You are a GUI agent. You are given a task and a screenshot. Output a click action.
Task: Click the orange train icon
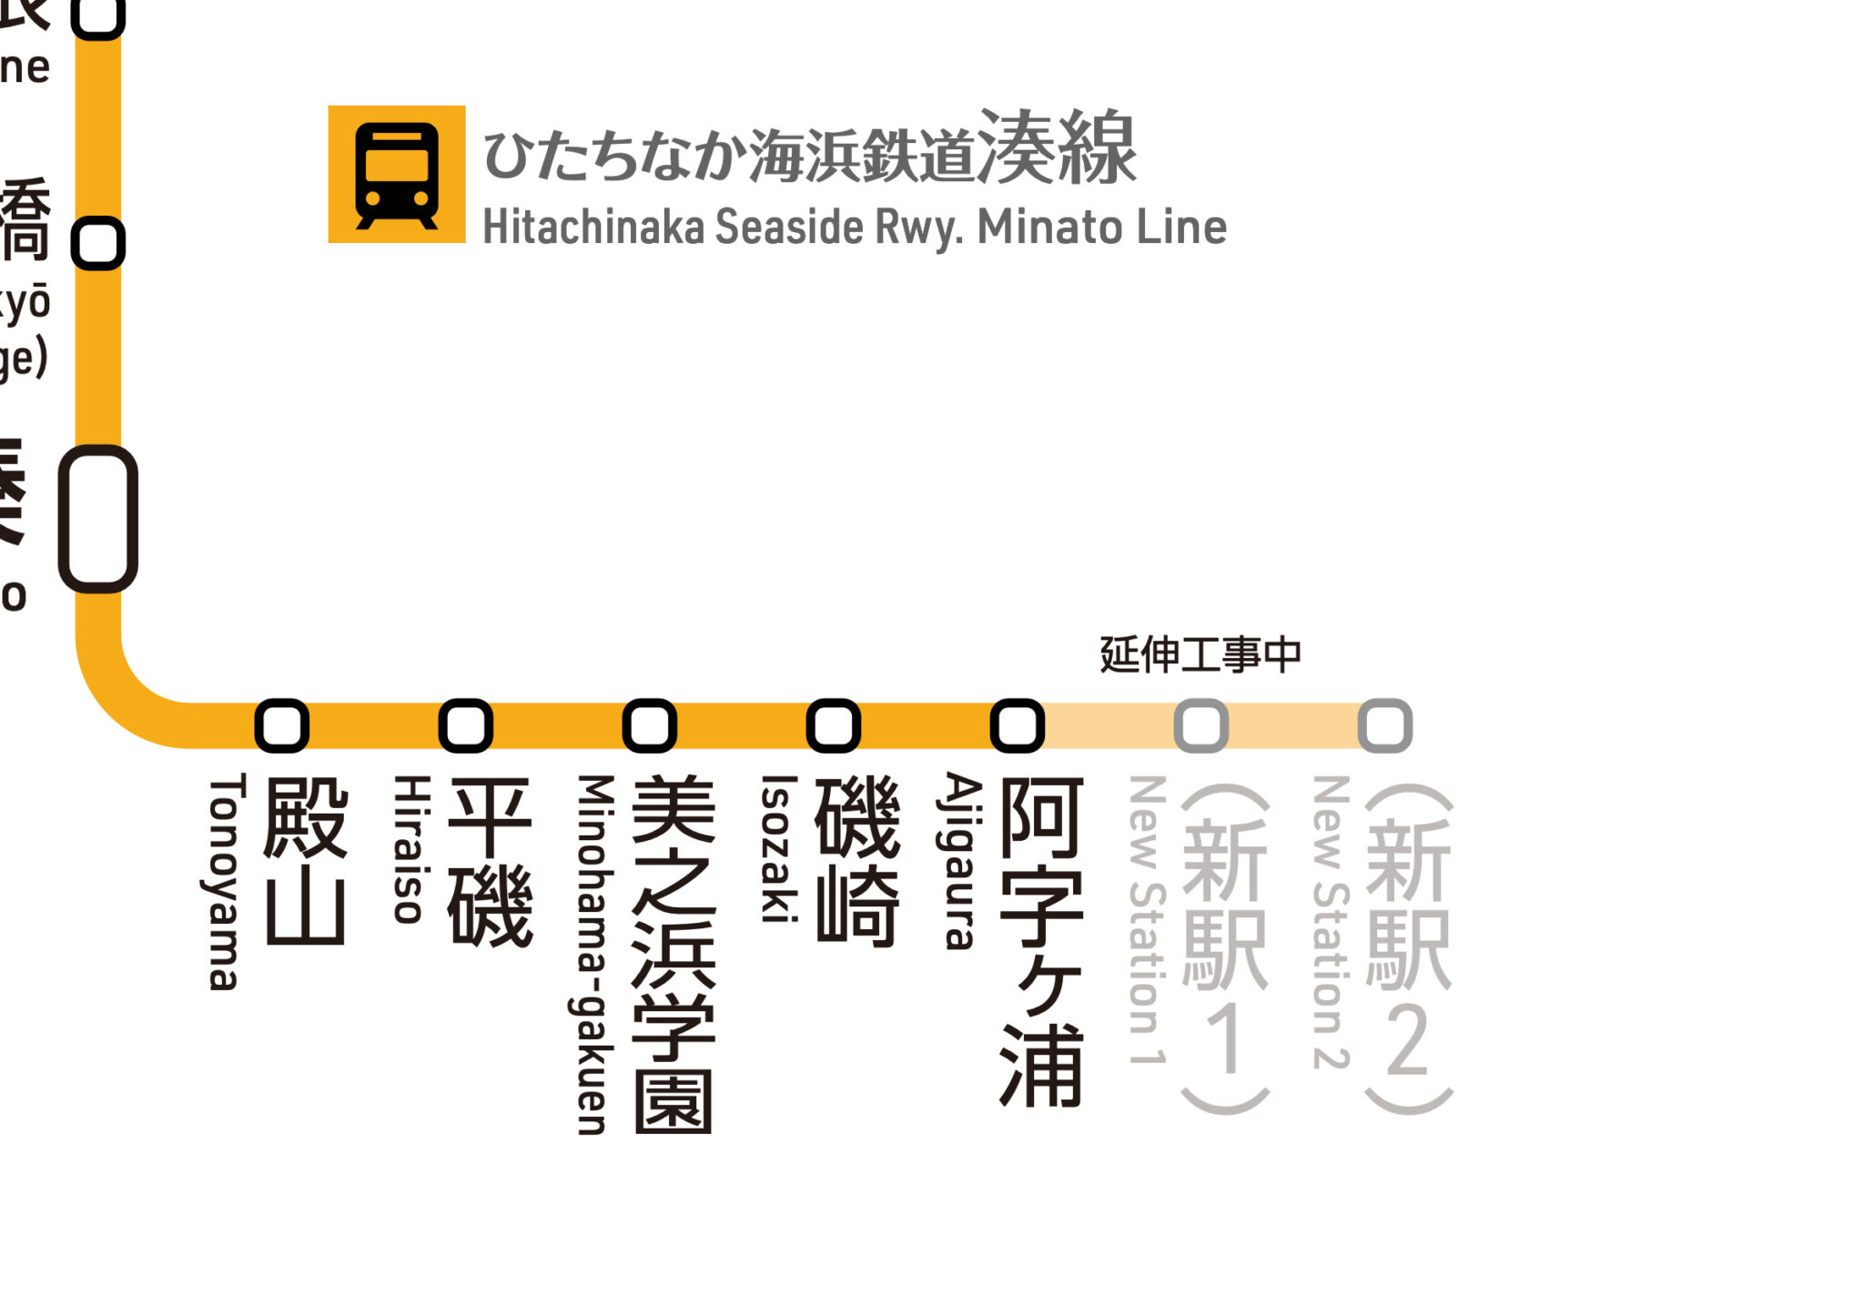click(397, 175)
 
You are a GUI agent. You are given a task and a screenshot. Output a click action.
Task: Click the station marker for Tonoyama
click(282, 725)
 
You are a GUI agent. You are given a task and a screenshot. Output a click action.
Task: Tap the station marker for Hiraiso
click(466, 725)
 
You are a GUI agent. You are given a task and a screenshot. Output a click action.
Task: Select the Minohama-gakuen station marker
click(650, 725)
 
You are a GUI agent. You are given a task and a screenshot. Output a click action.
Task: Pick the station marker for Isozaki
click(834, 725)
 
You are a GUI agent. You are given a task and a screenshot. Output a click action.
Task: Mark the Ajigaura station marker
click(1018, 725)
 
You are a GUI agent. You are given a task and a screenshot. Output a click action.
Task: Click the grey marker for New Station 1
click(1201, 725)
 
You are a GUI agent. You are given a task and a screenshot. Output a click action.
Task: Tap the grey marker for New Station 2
click(1385, 725)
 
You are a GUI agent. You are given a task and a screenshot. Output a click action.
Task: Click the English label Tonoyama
click(224, 881)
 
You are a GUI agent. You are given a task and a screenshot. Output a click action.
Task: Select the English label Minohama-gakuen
click(593, 954)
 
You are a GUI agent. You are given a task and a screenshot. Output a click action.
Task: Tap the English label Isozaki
click(778, 848)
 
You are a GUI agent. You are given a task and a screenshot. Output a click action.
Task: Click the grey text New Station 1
click(1147, 919)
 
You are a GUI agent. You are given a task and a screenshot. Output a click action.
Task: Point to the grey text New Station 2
click(1331, 921)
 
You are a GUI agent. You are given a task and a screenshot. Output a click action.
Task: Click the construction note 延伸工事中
click(1200, 654)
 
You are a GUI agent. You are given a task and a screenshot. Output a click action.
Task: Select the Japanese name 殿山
click(306, 861)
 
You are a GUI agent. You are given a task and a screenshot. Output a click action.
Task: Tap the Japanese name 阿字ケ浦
click(1041, 941)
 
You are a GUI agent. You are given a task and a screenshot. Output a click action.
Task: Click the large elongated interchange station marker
click(98, 519)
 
